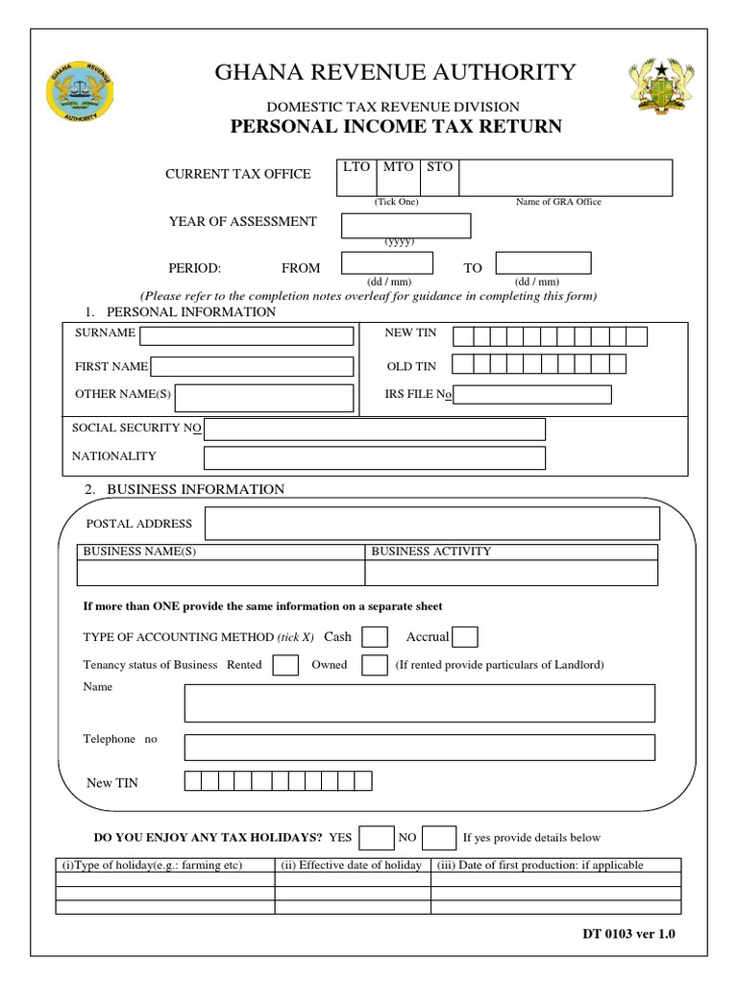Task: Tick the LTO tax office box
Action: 357,179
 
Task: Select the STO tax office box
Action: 439,179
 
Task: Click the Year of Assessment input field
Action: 406,225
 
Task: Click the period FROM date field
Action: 387,263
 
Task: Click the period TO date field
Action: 542,262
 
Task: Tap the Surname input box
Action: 247,335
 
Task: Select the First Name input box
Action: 252,366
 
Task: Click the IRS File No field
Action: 531,394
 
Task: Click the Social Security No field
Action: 375,429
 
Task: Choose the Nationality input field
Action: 375,457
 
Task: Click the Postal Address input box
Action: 432,524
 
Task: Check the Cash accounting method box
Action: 375,637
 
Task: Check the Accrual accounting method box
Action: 465,637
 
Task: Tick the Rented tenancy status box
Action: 285,665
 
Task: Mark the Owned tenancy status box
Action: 374,665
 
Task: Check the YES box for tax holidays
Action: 377,838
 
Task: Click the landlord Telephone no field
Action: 419,747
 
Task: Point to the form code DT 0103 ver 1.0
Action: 629,932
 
